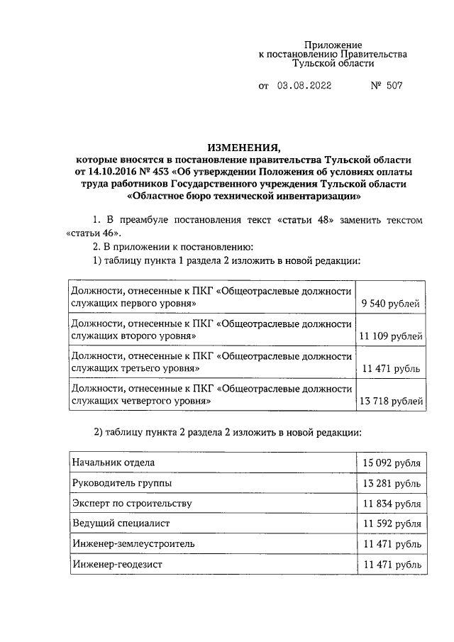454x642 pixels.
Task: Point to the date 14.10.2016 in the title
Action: [x=109, y=172]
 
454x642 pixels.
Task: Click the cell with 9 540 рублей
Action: [x=392, y=305]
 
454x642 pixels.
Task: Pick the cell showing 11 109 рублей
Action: [x=392, y=337]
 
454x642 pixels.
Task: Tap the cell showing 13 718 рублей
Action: [x=392, y=402]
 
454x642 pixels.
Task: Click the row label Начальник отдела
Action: [x=113, y=463]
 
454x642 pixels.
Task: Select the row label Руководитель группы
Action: [x=121, y=482]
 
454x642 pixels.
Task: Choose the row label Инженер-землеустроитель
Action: [x=133, y=543]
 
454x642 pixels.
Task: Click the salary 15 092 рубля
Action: [x=392, y=463]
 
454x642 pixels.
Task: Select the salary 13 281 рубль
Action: [x=392, y=483]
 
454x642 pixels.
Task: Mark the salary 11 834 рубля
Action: [x=392, y=504]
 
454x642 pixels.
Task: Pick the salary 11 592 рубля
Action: [x=392, y=524]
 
